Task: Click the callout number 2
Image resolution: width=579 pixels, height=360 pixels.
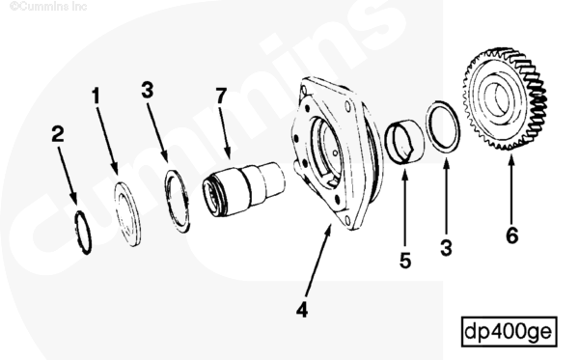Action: pyautogui.click(x=58, y=134)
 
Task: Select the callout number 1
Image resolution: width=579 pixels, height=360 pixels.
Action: pyautogui.click(x=96, y=96)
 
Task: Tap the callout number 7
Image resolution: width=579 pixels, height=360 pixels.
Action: pyautogui.click(x=221, y=96)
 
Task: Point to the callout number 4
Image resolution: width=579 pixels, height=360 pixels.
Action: pyautogui.click(x=302, y=310)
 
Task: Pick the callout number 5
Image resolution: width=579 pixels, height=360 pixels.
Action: pyautogui.click(x=405, y=261)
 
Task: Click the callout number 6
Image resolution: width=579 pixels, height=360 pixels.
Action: pyautogui.click(x=511, y=235)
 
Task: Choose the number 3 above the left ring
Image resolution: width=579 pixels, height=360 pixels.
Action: pyautogui.click(x=148, y=90)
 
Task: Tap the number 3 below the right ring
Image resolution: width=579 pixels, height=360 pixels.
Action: pyautogui.click(x=446, y=248)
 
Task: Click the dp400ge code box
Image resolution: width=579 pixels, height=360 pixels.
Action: pyautogui.click(x=510, y=331)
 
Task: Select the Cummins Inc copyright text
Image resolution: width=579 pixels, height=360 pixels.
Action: pyautogui.click(x=48, y=7)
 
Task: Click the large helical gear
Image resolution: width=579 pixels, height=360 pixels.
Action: pyautogui.click(x=505, y=98)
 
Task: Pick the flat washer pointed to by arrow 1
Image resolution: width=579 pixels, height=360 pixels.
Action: pyautogui.click(x=127, y=213)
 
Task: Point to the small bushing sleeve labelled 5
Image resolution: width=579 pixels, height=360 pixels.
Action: pyautogui.click(x=404, y=141)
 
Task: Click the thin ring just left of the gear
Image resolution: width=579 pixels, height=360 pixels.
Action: pyautogui.click(x=443, y=126)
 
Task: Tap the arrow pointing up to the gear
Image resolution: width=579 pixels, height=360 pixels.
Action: pyautogui.click(x=511, y=188)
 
